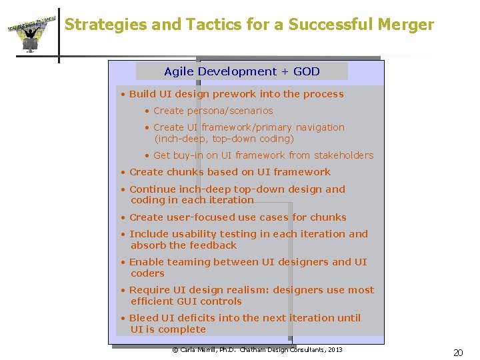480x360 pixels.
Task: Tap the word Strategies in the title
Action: click(x=105, y=25)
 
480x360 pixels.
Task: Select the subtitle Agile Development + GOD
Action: click(x=241, y=71)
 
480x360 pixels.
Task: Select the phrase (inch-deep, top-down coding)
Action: click(x=224, y=139)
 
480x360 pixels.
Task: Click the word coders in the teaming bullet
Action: click(x=147, y=273)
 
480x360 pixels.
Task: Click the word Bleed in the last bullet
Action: click(x=144, y=318)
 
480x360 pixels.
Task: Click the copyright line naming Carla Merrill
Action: click(x=257, y=350)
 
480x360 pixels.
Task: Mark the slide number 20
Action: click(x=458, y=353)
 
